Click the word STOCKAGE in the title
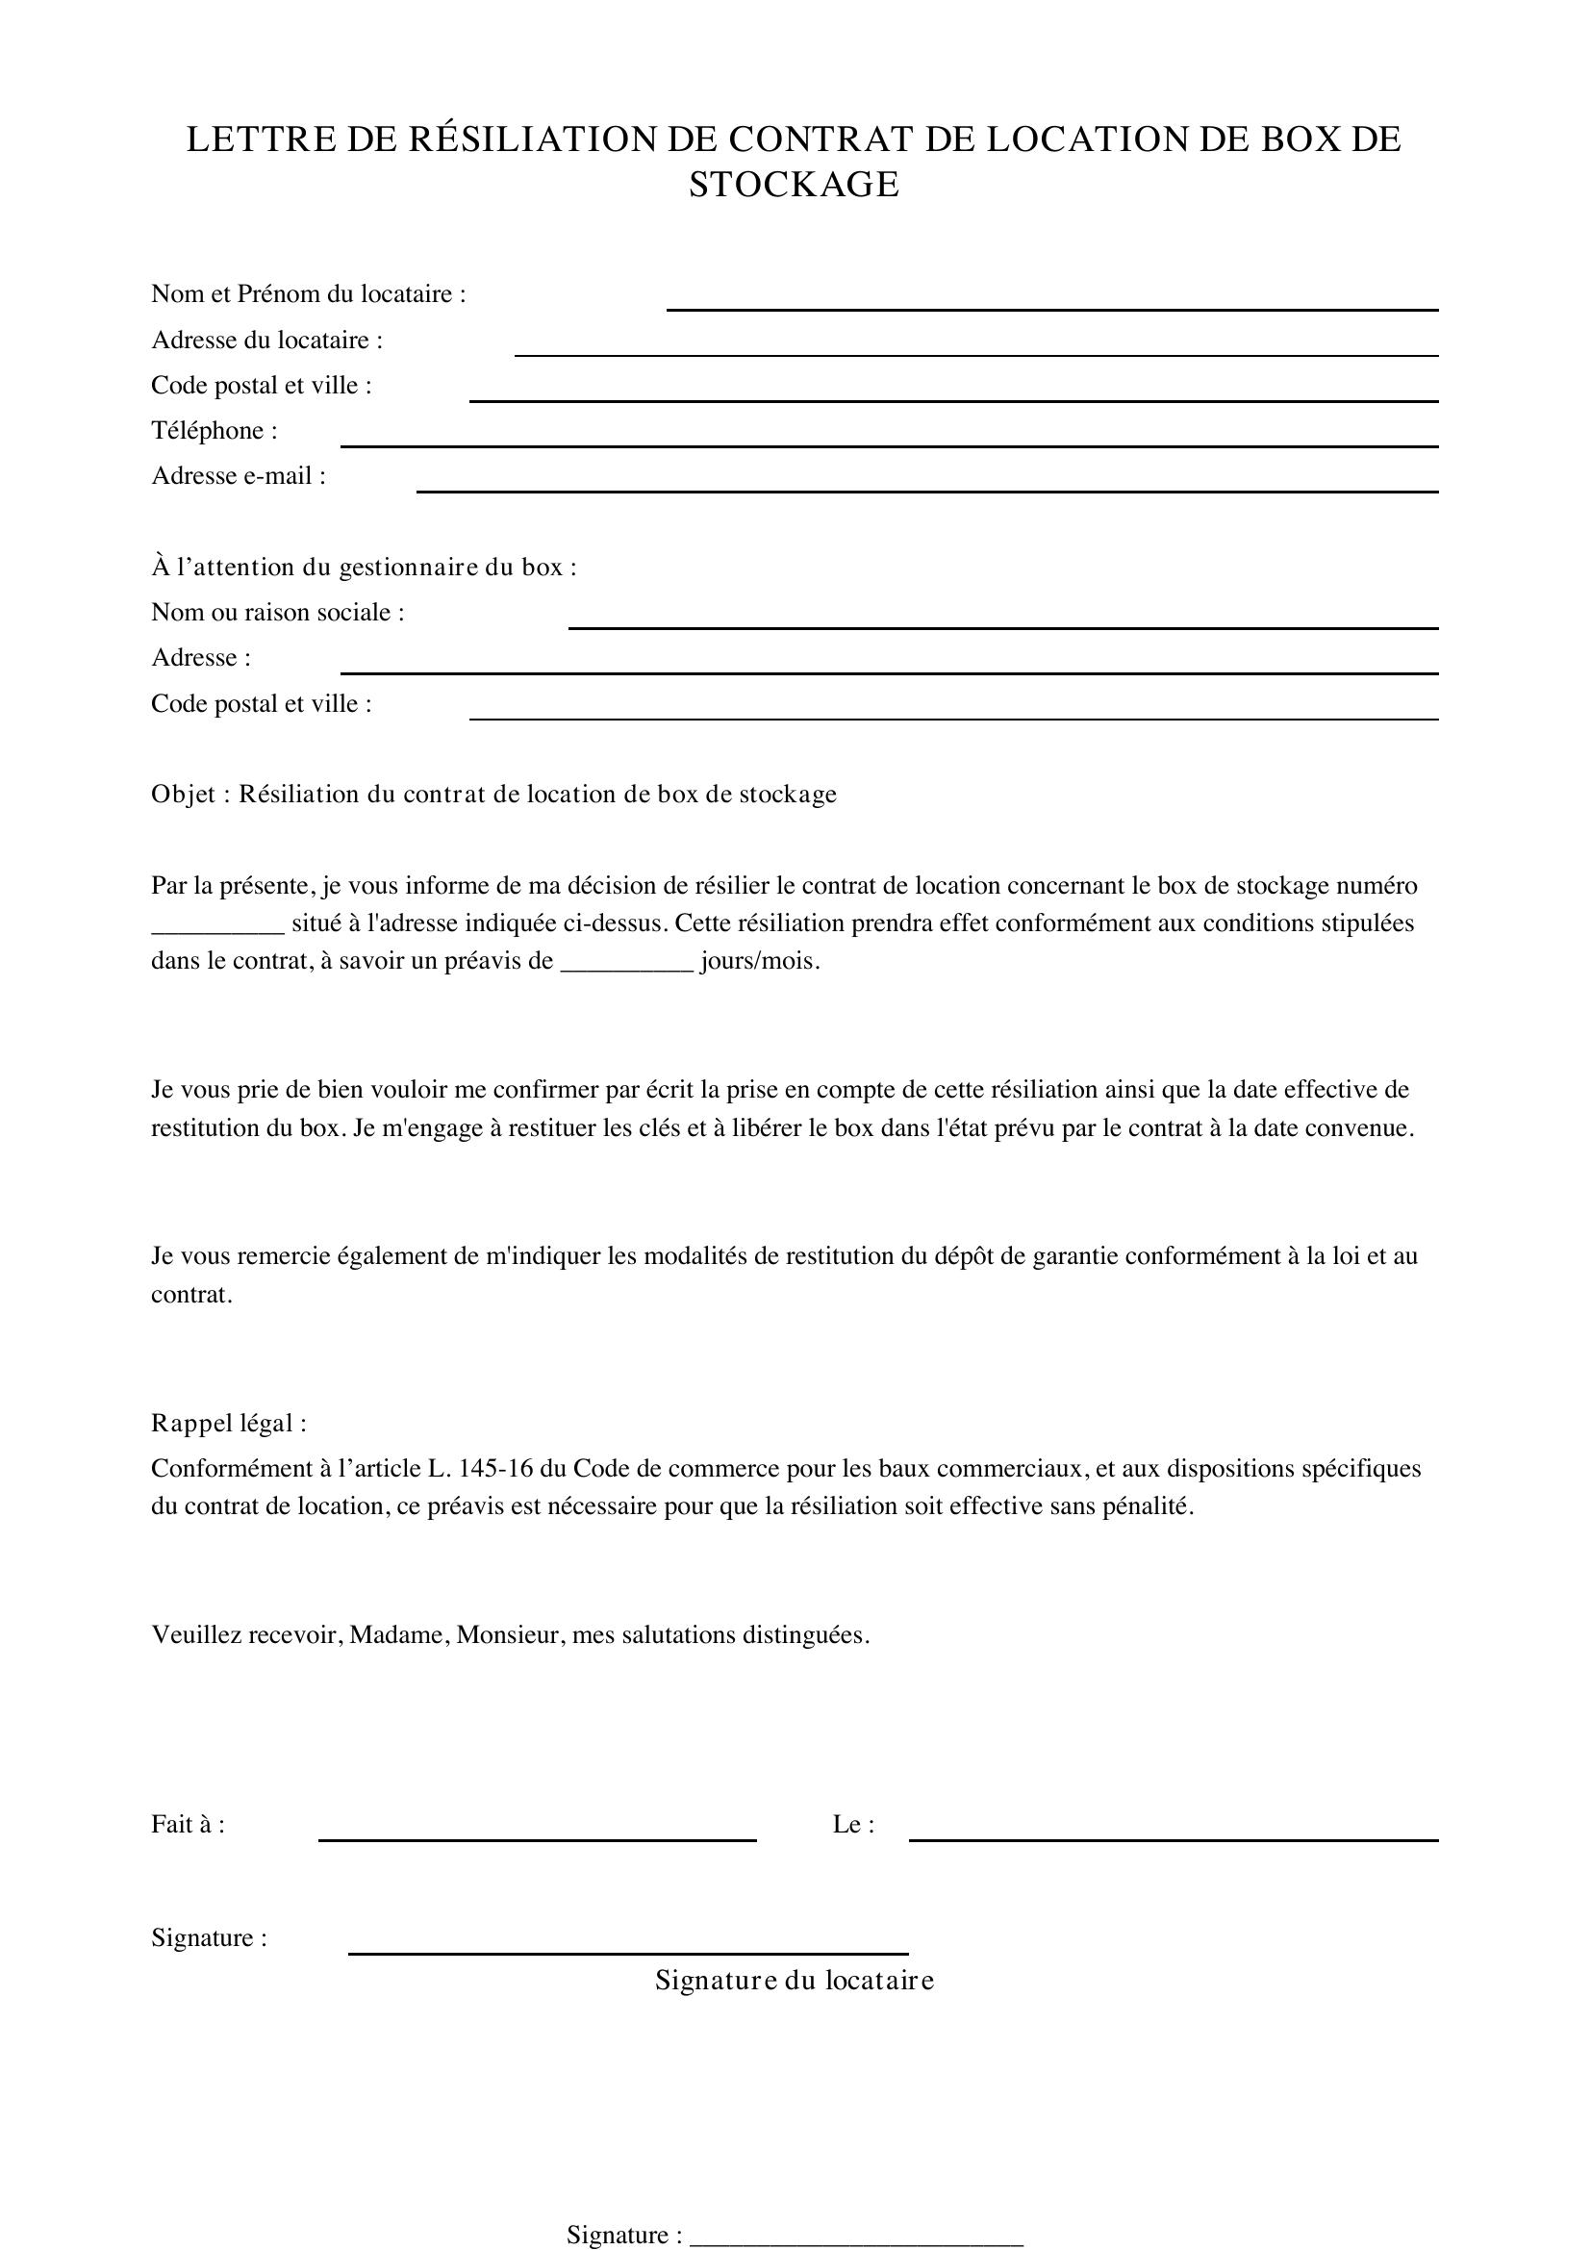click(794, 186)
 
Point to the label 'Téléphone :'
click(215, 431)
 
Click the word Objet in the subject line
click(182, 794)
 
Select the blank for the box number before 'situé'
click(217, 926)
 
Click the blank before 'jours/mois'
click(627, 963)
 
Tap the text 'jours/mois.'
click(760, 961)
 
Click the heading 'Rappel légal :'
click(228, 1423)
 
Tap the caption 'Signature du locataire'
click(795, 1981)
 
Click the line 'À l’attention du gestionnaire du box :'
click(364, 568)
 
